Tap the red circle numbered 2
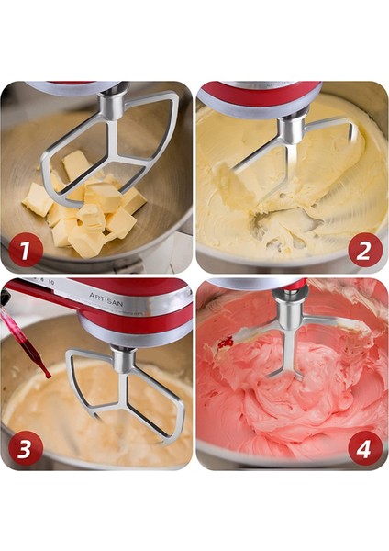pyautogui.click(x=365, y=250)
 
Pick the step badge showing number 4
pyautogui.click(x=365, y=448)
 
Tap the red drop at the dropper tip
pyautogui.click(x=45, y=372)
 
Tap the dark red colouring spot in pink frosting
pyautogui.click(x=225, y=343)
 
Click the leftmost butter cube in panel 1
pyautogui.click(x=37, y=198)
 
